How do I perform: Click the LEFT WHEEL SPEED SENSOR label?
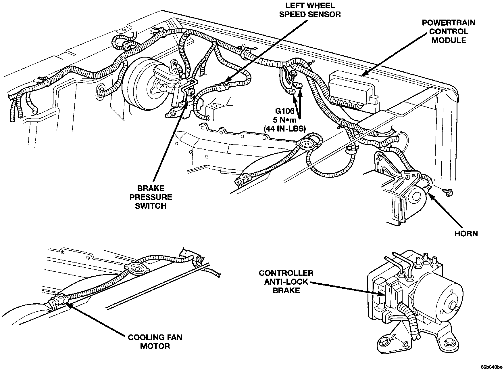point(310,10)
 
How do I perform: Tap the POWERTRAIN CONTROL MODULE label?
point(449,31)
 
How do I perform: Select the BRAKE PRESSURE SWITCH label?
point(151,197)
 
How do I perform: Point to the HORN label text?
point(466,233)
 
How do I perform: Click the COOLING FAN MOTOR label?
point(155,341)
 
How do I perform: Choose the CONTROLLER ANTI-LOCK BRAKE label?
point(286,281)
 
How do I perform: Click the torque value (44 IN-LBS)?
point(284,129)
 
